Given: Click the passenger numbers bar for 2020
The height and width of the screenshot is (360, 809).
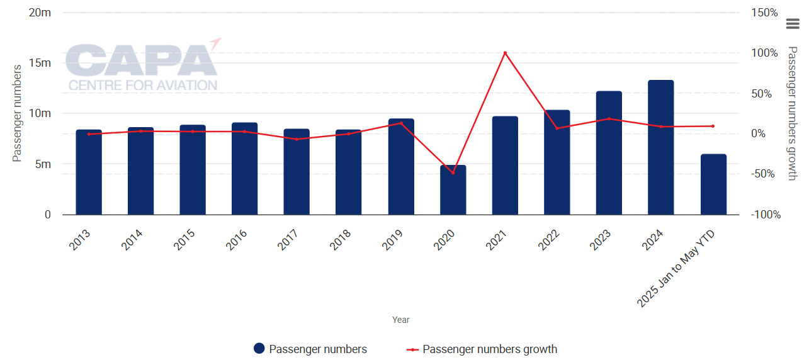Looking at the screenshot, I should [x=453, y=190].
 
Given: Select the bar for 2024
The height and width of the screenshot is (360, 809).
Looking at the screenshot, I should [x=661, y=148].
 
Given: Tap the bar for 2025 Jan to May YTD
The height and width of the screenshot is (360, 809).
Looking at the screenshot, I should [x=713, y=184].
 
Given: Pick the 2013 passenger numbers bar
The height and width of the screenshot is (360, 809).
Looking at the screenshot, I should [x=89, y=172].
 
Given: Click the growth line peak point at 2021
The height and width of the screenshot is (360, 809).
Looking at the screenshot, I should [x=505, y=53].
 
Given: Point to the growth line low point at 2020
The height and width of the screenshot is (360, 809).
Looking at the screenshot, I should [x=453, y=173].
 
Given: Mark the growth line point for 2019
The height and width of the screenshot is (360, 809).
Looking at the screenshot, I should [x=401, y=123].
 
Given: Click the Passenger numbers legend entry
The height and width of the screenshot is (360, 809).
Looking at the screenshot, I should [x=310, y=349].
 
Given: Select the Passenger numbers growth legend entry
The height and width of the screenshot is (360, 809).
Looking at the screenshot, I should [x=482, y=349].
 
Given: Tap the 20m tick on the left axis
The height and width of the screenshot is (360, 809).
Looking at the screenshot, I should [x=40, y=13].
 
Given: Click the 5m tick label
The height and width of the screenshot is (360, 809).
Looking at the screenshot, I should [x=42, y=164].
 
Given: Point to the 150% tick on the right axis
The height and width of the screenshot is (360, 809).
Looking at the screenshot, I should [x=765, y=13].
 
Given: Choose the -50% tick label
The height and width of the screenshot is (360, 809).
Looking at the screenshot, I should [x=765, y=174].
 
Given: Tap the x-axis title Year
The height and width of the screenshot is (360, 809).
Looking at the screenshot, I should [x=401, y=320].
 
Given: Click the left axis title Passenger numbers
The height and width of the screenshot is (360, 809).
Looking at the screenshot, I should [x=18, y=113].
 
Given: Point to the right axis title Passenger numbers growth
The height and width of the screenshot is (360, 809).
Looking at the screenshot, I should [x=792, y=113].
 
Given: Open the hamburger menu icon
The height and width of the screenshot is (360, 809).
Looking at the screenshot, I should [x=792, y=24].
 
